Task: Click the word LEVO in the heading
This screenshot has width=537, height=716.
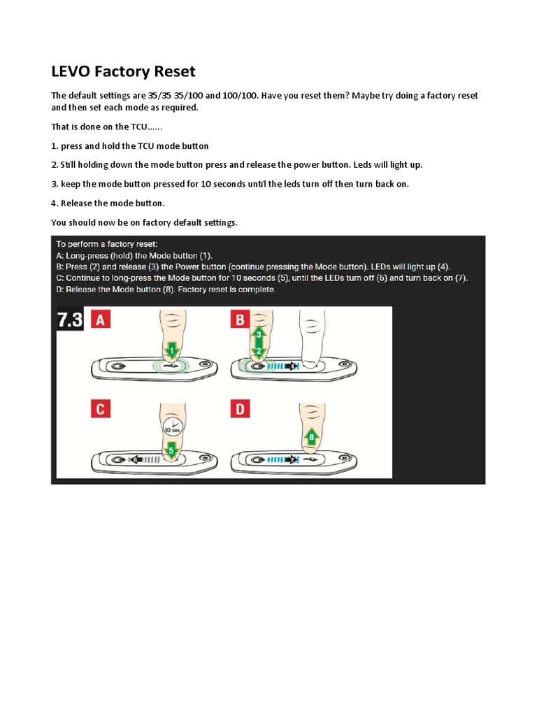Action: (73, 71)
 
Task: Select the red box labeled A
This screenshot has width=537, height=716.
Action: (101, 320)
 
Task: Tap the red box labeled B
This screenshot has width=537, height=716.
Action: (240, 320)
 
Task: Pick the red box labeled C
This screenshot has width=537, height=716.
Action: (101, 408)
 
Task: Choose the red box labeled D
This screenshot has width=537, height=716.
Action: (240, 408)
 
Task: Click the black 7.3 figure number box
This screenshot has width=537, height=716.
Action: (71, 320)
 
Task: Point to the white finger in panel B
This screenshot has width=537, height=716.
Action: (310, 336)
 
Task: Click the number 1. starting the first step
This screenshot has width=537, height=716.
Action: (55, 146)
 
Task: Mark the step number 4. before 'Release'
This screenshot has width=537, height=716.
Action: (55, 203)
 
